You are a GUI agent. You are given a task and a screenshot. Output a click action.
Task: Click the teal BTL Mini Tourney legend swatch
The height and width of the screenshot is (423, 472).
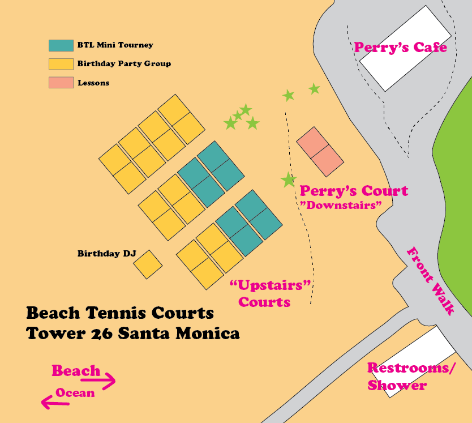(x=61, y=45)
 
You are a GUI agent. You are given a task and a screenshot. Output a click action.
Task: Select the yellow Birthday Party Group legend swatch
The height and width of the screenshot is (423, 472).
(x=61, y=64)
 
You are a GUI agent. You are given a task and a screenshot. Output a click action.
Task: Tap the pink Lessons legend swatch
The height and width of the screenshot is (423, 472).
(x=61, y=83)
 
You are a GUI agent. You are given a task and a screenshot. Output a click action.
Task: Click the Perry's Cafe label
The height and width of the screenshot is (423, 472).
(x=400, y=47)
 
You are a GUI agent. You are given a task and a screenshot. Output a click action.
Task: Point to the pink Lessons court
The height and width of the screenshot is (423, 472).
(x=320, y=151)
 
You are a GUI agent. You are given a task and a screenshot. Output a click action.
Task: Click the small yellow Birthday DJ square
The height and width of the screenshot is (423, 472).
(x=148, y=264)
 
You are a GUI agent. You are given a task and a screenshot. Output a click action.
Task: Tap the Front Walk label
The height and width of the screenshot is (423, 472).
(x=431, y=280)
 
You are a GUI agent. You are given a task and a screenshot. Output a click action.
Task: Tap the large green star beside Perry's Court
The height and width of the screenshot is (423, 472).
(x=289, y=180)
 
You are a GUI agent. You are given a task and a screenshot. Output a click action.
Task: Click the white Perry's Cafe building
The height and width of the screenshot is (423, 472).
(x=405, y=49)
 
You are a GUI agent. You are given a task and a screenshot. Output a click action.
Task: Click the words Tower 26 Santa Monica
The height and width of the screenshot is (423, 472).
(x=133, y=333)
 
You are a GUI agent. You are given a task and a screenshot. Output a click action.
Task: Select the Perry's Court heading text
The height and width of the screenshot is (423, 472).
(x=354, y=190)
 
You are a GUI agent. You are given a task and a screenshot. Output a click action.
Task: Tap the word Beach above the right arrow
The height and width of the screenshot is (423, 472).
(x=76, y=371)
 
